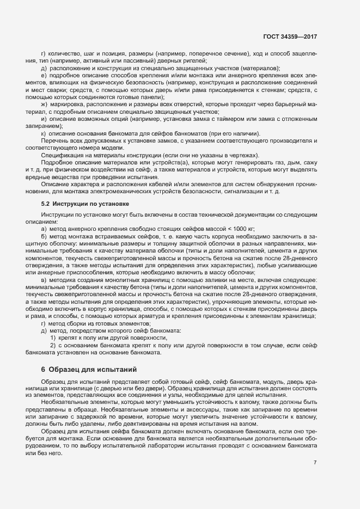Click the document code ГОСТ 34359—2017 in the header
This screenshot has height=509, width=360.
click(x=290, y=37)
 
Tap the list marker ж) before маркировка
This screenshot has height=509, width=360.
click(x=44, y=103)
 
